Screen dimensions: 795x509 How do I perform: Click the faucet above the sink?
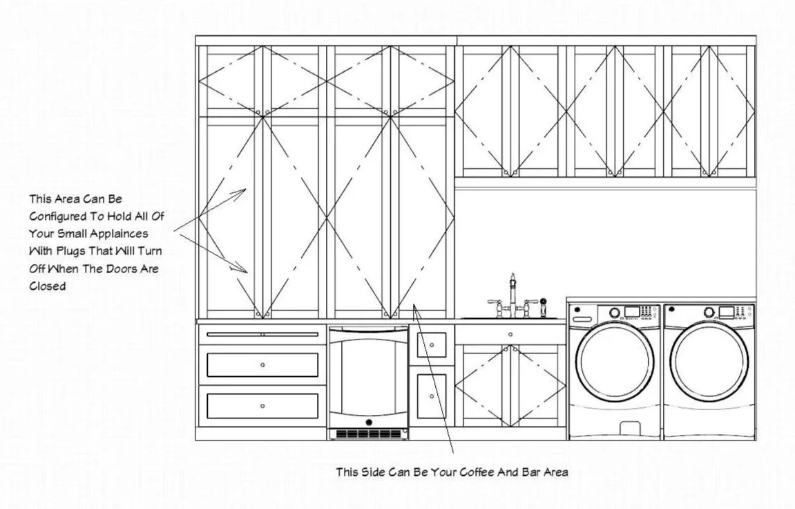[513, 294]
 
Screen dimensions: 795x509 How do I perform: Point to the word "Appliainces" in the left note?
[117, 233]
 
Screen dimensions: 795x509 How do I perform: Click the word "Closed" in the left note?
[47, 286]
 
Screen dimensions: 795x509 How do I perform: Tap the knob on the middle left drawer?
[262, 364]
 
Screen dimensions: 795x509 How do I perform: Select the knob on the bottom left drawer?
[262, 406]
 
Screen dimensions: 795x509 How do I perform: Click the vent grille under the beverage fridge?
[368, 434]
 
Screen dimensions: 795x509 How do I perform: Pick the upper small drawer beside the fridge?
[431, 344]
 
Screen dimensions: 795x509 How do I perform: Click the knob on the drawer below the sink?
[510, 335]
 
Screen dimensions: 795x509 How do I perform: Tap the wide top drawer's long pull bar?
[262, 334]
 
